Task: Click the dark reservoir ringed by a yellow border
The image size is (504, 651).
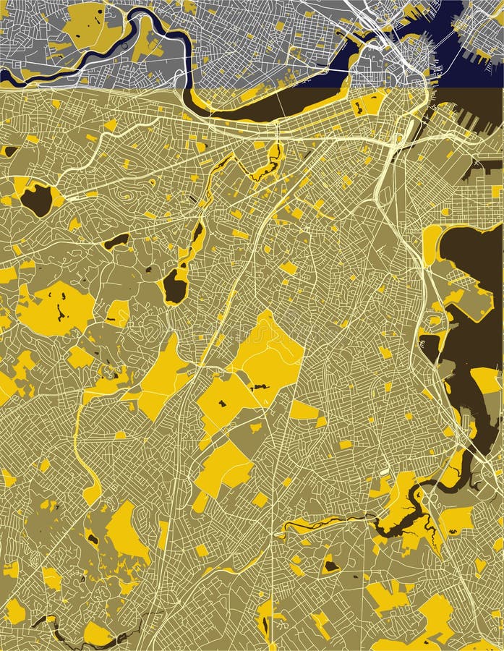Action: coord(36,200)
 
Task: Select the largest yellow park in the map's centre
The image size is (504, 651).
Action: coord(269,358)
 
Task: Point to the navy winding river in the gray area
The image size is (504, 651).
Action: coord(108,54)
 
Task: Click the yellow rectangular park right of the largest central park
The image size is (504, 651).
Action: coord(304,411)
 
